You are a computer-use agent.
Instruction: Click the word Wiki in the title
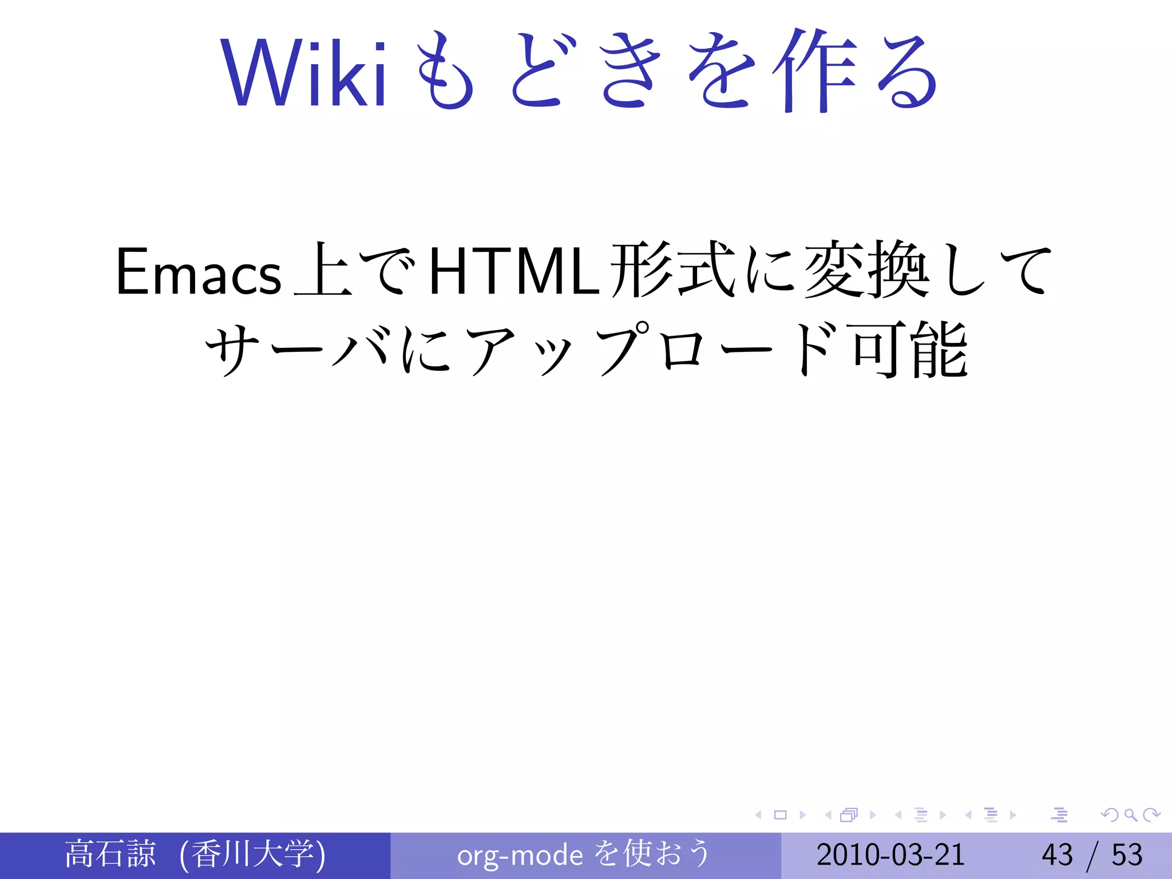(303, 72)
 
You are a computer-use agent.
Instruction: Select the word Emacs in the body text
(198, 272)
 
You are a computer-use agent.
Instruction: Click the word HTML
(514, 272)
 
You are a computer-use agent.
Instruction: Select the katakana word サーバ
(298, 349)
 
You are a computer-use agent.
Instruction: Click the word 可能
(910, 349)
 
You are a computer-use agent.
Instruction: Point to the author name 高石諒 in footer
(110, 854)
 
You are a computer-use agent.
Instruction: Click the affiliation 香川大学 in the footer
(252, 854)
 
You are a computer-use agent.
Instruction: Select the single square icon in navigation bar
(780, 815)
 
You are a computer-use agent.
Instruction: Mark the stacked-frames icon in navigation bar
(849, 815)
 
